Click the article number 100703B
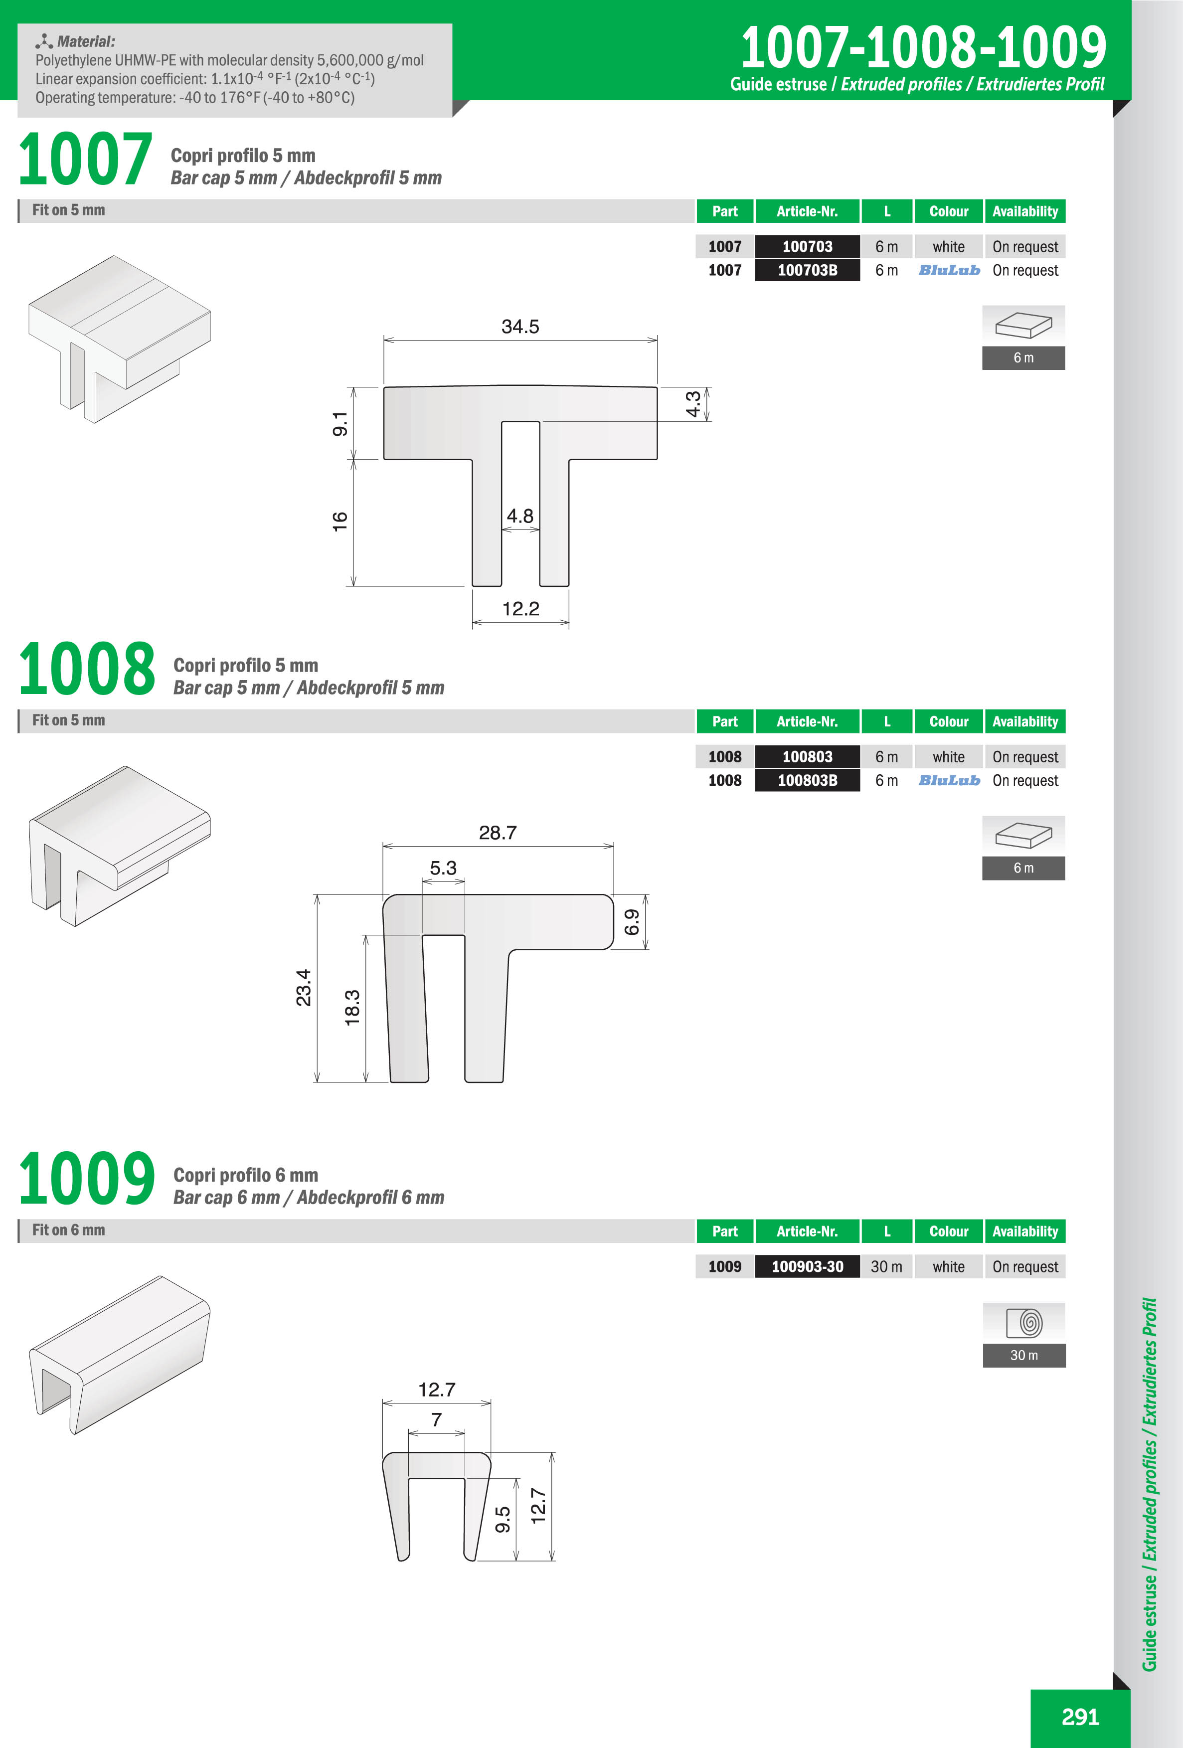[x=807, y=270]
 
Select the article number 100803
[x=807, y=757]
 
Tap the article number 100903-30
[x=807, y=1266]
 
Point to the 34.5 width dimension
[x=520, y=327]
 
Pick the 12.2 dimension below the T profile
[x=520, y=608]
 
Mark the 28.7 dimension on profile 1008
[x=498, y=833]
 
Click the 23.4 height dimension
[x=303, y=988]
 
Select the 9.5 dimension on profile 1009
[x=503, y=1519]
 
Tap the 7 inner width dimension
[x=436, y=1419]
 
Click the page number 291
[x=1080, y=1717]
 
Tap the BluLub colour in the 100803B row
[x=949, y=780]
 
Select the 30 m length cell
[x=887, y=1266]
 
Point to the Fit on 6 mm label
[x=68, y=1230]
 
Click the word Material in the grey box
[x=86, y=41]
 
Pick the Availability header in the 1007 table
[x=1025, y=211]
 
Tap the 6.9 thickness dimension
[x=632, y=922]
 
